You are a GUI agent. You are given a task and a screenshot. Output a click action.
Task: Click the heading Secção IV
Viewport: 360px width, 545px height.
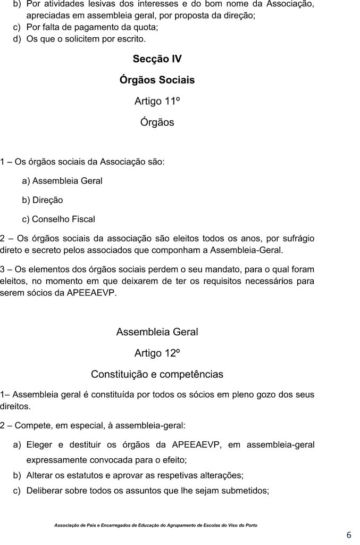point(157,59)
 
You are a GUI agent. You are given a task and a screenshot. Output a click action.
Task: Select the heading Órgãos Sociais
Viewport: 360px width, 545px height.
point(157,80)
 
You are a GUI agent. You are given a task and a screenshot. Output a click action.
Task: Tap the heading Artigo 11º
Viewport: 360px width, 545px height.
point(157,101)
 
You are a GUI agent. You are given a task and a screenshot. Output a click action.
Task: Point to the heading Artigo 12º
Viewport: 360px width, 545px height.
point(157,353)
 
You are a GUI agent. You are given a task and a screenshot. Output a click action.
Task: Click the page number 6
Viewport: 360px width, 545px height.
point(349,534)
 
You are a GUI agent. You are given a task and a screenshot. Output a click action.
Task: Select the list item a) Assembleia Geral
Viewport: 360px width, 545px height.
point(62,181)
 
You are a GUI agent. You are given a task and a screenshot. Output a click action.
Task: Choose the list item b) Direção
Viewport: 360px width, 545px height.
point(43,200)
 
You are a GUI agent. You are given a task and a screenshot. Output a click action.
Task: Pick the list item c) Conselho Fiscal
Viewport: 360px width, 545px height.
point(58,219)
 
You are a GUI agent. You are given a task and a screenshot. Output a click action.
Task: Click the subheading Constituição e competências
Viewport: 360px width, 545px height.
point(157,374)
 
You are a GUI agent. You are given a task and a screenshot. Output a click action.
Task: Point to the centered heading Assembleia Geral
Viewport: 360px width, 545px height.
point(157,332)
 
